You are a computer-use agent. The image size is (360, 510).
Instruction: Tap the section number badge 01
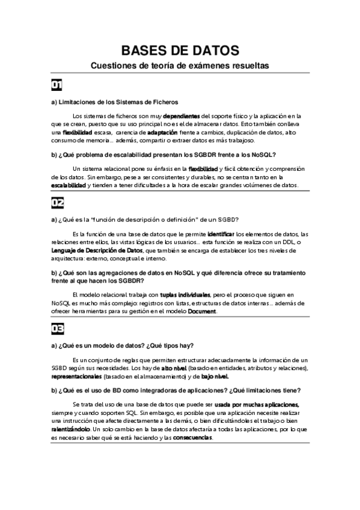coord(57,84)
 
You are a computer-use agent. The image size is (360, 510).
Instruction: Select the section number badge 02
coord(57,202)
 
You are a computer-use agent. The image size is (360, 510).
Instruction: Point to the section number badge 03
coord(57,328)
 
